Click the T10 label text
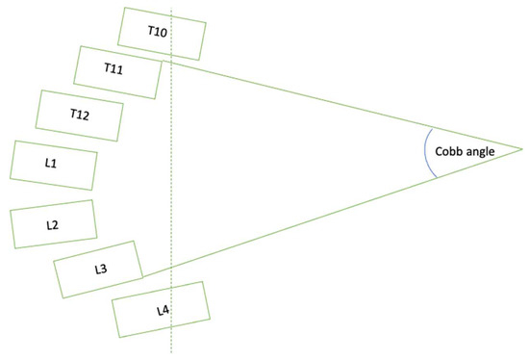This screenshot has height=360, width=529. pyautogui.click(x=157, y=32)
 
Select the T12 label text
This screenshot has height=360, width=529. pyautogui.click(x=80, y=115)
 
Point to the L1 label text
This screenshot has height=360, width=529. pyautogui.click(x=51, y=165)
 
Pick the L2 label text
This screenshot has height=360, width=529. pyautogui.click(x=53, y=224)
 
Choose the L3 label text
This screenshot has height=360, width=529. pyautogui.click(x=100, y=268)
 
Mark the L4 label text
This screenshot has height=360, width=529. pyautogui.click(x=162, y=311)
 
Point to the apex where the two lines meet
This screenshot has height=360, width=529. pyautogui.click(x=521, y=149)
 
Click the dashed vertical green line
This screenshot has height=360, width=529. pyautogui.click(x=171, y=193)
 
